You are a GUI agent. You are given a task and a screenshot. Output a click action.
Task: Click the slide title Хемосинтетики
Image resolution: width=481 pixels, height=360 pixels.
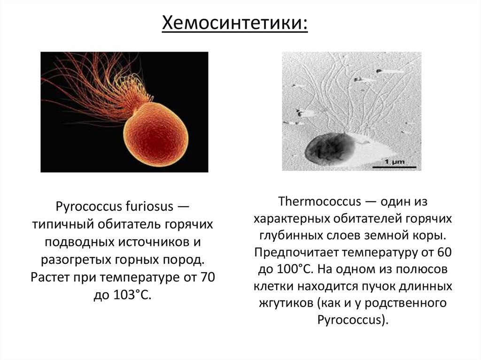tap(235, 23)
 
